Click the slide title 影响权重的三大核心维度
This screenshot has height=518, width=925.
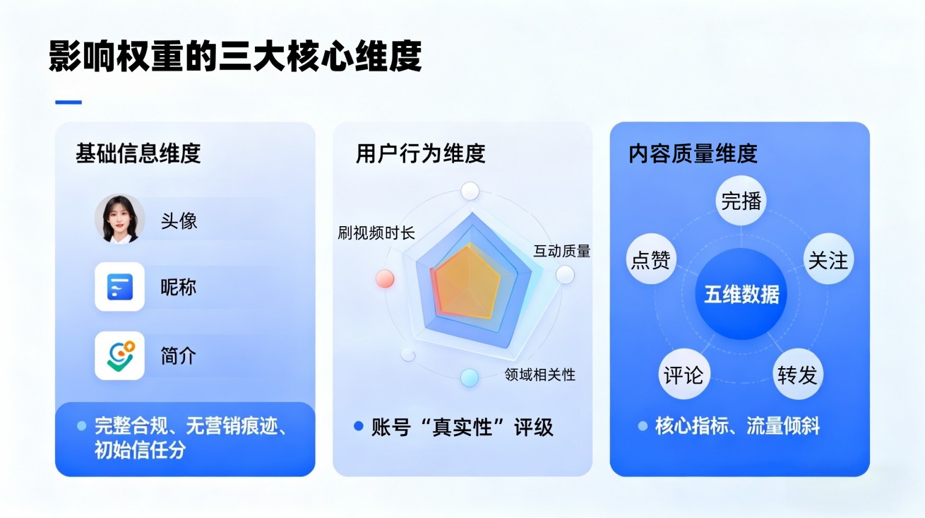[x=235, y=57]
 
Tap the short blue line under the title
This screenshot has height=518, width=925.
[x=68, y=102]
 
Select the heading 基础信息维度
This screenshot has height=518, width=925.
[x=138, y=153]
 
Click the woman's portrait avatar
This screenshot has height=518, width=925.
[x=119, y=219]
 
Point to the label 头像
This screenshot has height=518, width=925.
[x=179, y=220]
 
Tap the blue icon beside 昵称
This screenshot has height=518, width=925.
[x=119, y=287]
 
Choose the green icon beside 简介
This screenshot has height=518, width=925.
[x=119, y=355]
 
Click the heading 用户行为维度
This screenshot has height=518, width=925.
[x=420, y=153]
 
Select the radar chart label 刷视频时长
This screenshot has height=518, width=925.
[x=376, y=234]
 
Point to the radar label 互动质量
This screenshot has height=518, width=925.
[x=561, y=251]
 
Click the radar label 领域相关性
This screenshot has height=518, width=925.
[x=539, y=375]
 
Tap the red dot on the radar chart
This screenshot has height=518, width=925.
[x=385, y=278]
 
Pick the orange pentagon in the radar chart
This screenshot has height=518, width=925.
[x=467, y=282]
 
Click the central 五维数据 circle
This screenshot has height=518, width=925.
[x=741, y=294]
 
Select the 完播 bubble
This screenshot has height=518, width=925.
[x=741, y=201]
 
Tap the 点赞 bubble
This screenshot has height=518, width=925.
[x=650, y=259]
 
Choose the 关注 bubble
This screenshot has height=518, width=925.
[x=828, y=259]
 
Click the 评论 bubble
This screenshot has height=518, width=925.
[x=684, y=375]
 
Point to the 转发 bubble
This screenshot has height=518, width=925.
[x=797, y=375]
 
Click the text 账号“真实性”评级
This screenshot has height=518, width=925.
[x=462, y=427]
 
